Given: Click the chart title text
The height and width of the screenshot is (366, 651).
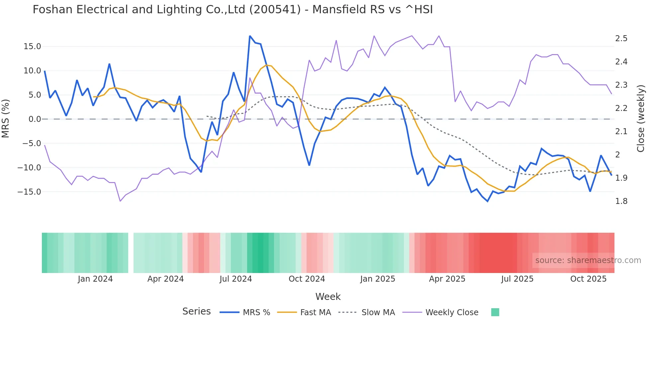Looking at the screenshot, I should point(232,10).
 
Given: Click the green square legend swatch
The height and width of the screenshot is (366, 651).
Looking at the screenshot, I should point(495,312).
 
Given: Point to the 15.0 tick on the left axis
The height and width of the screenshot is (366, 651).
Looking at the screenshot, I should point(32,46).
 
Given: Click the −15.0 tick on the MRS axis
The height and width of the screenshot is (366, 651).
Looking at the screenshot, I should point(30,192).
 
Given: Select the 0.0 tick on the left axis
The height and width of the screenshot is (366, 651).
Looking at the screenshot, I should point(35,119).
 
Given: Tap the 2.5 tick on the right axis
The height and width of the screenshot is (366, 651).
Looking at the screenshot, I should point(621,39).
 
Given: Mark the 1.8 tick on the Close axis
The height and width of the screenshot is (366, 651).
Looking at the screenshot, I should point(621,201).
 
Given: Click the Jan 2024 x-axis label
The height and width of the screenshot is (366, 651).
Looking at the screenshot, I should point(95,279).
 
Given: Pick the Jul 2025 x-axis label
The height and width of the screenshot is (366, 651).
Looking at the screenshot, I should point(517,279).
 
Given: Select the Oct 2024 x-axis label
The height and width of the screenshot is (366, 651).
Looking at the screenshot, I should point(307,279).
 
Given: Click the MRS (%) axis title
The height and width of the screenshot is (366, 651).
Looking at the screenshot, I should point(5,119).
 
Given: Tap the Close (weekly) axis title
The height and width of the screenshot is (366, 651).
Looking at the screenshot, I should point(641,119).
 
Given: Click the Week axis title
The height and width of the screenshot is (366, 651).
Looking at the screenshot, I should point(328,297).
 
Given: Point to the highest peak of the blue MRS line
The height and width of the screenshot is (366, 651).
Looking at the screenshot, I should point(250,36).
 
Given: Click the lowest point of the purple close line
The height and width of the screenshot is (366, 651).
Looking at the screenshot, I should point(120,201).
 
